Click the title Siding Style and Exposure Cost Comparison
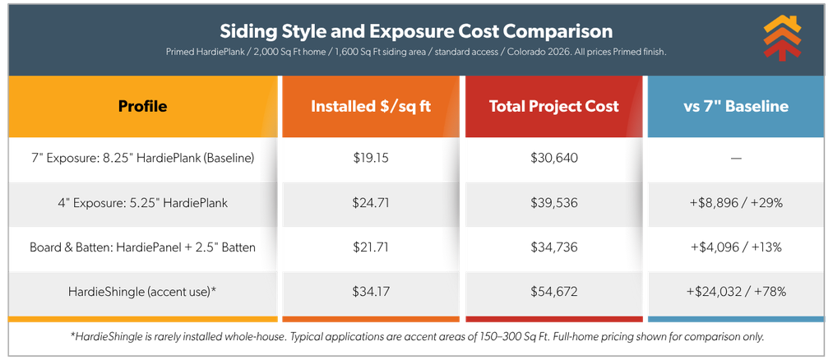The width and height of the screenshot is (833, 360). click(415, 31)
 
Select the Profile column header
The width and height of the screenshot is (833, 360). click(142, 106)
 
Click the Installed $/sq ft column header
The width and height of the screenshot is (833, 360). click(370, 106)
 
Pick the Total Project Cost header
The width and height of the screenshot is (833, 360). click(553, 106)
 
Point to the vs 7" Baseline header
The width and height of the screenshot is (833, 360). click(735, 106)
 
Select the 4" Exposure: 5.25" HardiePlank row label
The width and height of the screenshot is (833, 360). click(142, 201)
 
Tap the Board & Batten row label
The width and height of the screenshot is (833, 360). click(142, 247)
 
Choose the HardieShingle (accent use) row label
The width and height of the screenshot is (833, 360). click(142, 292)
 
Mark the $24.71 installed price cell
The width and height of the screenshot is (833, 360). click(370, 201)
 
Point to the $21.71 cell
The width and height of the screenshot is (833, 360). click(370, 247)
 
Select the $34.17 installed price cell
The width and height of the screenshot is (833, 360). click(370, 292)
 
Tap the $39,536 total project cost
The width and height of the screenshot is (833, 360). click(553, 201)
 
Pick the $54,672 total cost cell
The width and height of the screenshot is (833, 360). click(553, 292)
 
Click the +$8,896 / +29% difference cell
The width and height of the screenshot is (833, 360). click(735, 201)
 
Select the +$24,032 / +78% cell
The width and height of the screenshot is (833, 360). click(735, 292)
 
